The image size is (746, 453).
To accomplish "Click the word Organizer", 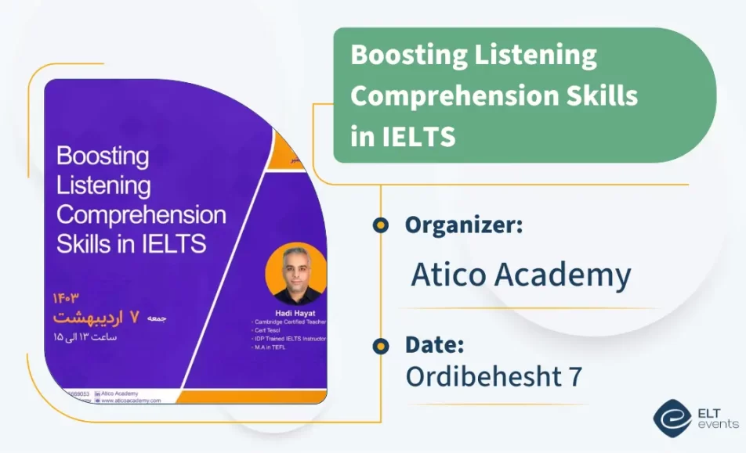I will [463, 225].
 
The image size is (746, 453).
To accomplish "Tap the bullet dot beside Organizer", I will [381, 225].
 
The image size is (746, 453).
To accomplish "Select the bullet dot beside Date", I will [381, 345].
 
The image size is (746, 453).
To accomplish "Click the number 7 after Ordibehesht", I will [574, 376].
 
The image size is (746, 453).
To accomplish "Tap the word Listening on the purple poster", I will [103, 185].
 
